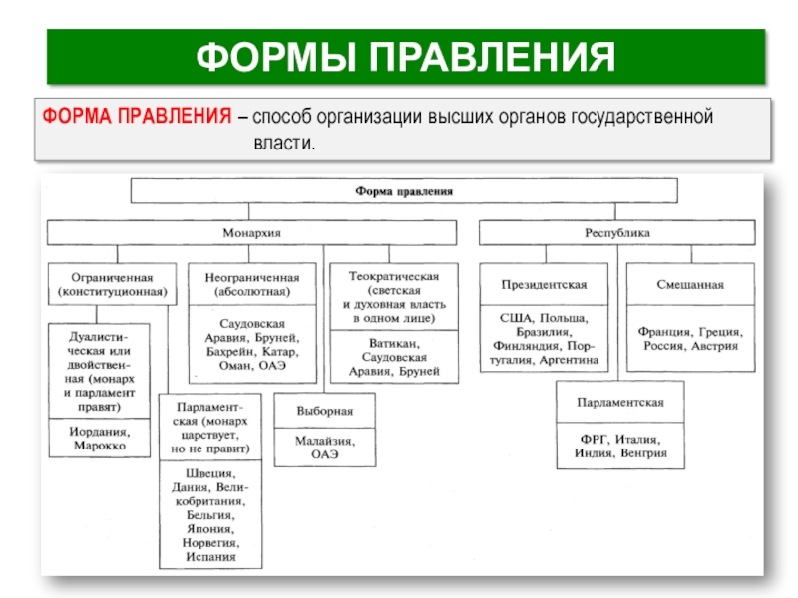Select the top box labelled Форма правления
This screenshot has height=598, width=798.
tap(405, 190)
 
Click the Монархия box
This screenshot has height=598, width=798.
tap(251, 232)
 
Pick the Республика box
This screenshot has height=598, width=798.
tap(616, 232)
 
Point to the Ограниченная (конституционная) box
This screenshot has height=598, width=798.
tap(111, 285)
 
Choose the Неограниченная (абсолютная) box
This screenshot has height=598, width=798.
tap(251, 285)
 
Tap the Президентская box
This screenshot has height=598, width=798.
tap(544, 285)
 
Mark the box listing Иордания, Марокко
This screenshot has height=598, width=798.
tap(99, 441)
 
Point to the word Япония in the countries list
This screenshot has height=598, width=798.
tap(209, 529)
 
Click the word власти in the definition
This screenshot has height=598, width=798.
tap(282, 145)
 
